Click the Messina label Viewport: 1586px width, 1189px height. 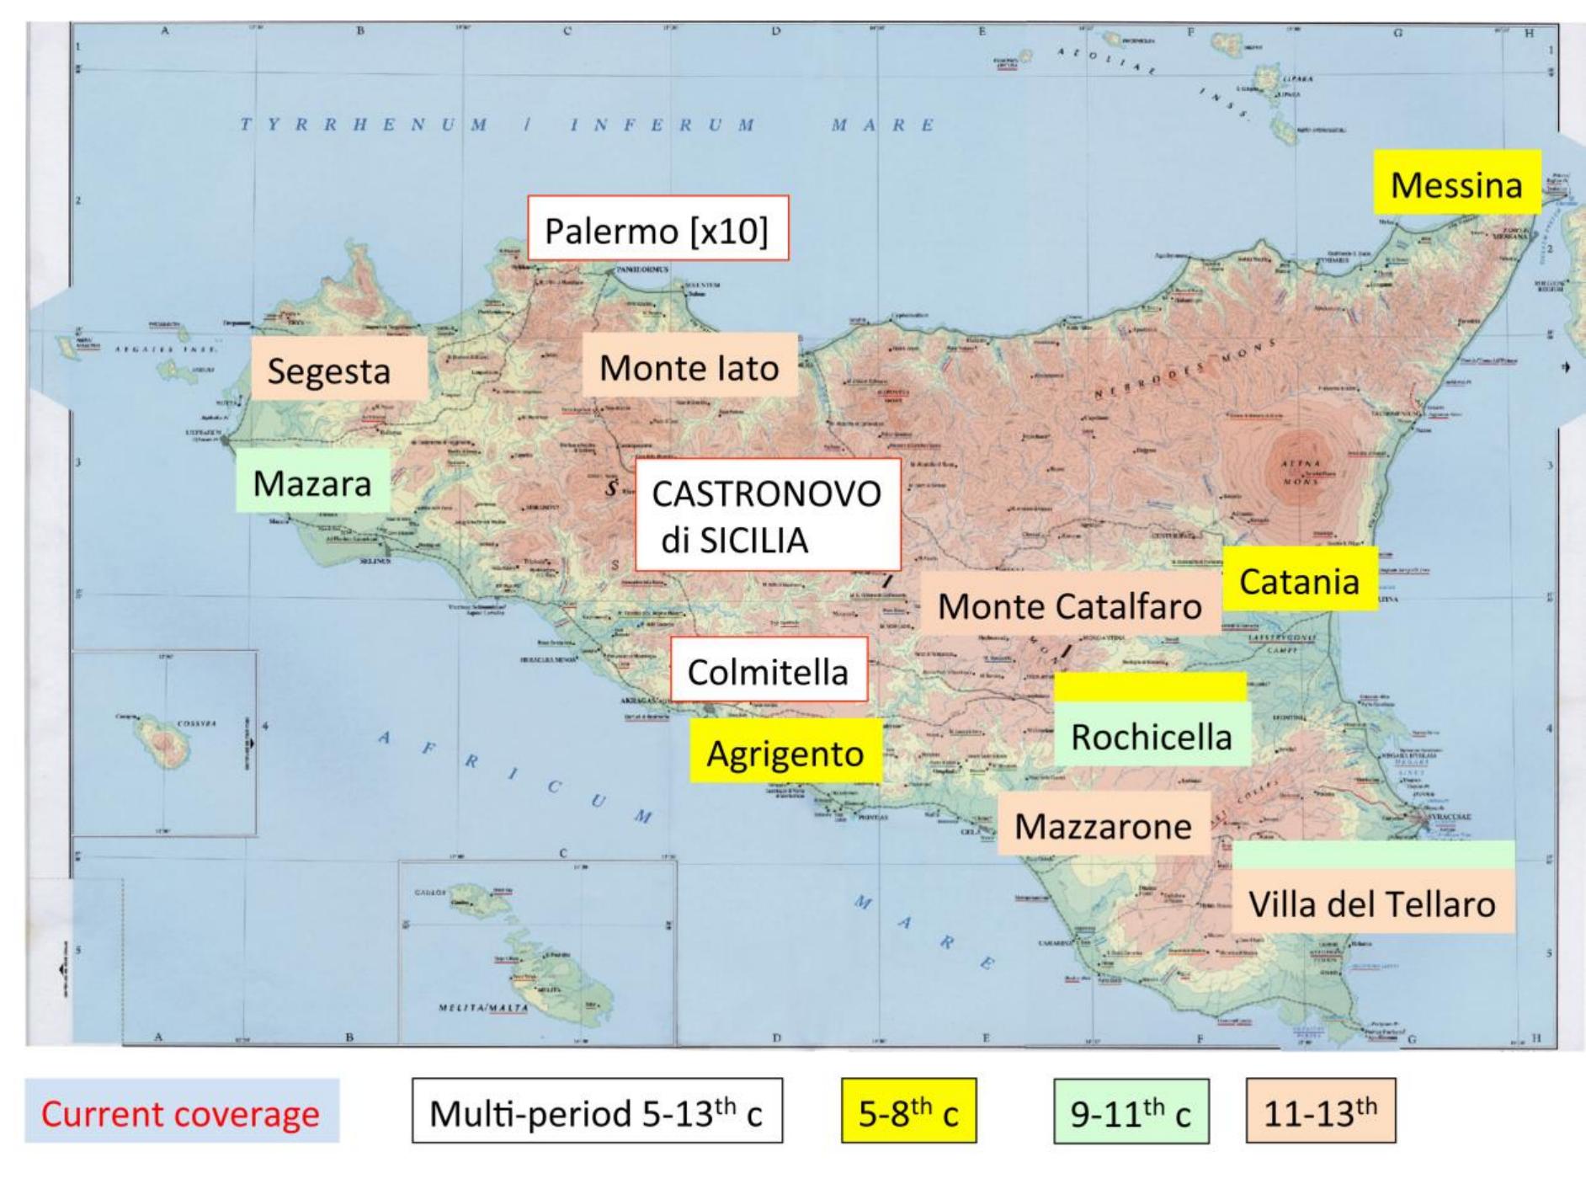[1457, 183]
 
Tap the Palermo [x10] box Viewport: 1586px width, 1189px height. [657, 229]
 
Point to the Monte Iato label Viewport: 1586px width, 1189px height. [689, 366]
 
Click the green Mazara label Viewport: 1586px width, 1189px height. [312, 482]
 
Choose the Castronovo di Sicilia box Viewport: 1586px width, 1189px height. [767, 515]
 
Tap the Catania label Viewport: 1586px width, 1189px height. [1300, 580]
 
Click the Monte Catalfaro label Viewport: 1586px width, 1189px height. [1070, 605]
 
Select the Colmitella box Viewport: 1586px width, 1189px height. [769, 670]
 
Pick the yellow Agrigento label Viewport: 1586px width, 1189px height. [785, 752]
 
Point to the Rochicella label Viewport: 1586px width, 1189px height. [1152, 736]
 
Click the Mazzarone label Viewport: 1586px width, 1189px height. [1104, 825]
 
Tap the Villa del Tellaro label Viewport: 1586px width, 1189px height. [1372, 903]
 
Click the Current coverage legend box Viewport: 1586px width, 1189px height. [181, 1112]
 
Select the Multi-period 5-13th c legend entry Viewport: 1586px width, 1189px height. [597, 1112]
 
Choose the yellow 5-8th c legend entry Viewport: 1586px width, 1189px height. [908, 1112]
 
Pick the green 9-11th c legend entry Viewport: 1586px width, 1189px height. [1131, 1112]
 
